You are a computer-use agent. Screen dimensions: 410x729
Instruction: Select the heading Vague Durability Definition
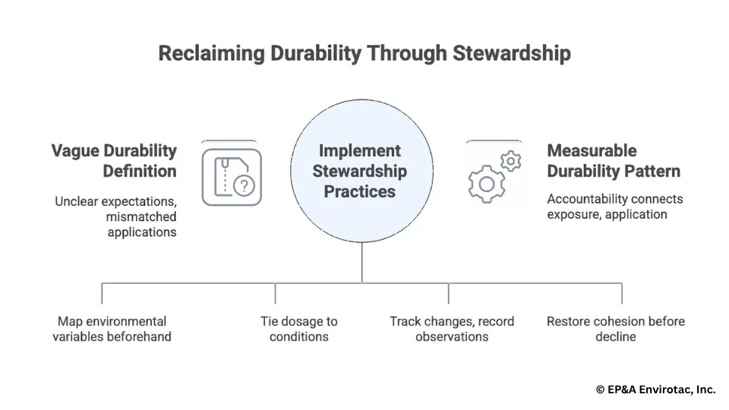(114, 160)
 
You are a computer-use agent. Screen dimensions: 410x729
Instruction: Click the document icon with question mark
(232, 177)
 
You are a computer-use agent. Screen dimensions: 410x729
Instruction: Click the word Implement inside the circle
(359, 150)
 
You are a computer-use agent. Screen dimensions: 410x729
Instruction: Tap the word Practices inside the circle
(359, 191)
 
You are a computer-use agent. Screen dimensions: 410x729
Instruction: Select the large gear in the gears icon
(486, 183)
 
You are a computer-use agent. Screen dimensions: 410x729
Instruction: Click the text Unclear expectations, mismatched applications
(115, 217)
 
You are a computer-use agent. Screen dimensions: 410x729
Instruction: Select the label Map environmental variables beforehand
(112, 329)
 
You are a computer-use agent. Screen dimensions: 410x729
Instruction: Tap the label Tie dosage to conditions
(299, 329)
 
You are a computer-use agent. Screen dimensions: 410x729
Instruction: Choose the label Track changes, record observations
(452, 329)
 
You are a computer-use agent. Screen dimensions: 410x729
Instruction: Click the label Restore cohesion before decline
(616, 329)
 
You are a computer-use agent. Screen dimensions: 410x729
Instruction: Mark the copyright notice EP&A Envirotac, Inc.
(655, 389)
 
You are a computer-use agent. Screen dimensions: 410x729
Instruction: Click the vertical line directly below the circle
(361, 263)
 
